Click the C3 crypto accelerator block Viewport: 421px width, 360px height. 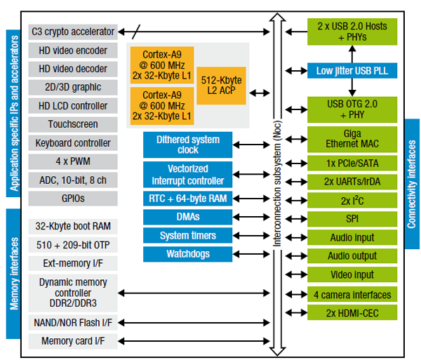[x=73, y=32]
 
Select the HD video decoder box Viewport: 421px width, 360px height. [x=73, y=69]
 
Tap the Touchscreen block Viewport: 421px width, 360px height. [x=73, y=124]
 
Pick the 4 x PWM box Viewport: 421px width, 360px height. [x=73, y=161]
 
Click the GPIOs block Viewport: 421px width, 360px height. [x=73, y=199]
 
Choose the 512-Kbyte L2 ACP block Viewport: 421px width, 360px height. [x=221, y=86]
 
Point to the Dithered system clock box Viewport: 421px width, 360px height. [x=187, y=145]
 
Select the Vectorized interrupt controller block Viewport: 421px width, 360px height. [x=187, y=175]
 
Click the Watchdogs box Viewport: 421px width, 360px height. [x=187, y=254]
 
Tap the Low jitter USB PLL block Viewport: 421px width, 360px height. [x=352, y=71]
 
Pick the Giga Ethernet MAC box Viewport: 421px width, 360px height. [x=352, y=140]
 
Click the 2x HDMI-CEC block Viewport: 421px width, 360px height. [x=352, y=313]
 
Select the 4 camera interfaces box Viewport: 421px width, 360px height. [x=352, y=295]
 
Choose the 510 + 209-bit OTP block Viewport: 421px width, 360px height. [x=73, y=245]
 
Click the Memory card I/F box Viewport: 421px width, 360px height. [x=73, y=341]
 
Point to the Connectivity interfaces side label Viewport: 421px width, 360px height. [x=412, y=184]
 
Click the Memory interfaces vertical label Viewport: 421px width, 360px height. [x=13, y=274]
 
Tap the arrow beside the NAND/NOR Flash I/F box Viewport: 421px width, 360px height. [x=194, y=323]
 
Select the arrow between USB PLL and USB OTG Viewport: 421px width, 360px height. [x=352, y=87]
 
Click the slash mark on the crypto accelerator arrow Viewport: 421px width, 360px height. [x=136, y=32]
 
